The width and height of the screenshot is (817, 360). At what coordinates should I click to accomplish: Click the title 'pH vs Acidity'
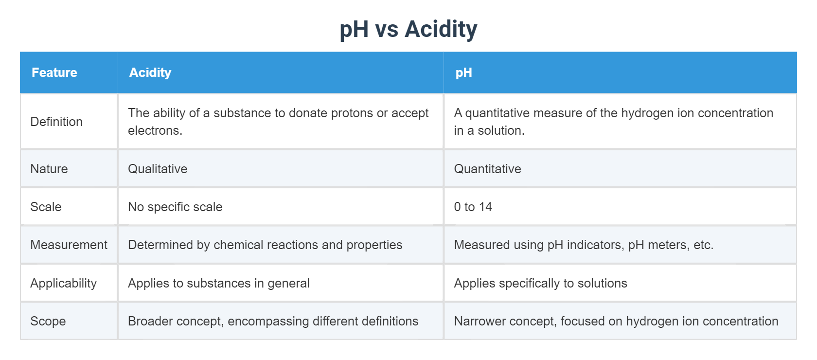(408, 29)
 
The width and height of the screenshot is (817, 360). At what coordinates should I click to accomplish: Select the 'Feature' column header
(54, 72)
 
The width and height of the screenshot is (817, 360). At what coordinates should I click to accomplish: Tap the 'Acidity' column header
(150, 72)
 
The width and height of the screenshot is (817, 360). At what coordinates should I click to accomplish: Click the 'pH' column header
(463, 72)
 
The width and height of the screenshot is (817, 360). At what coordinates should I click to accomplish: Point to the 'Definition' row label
(56, 122)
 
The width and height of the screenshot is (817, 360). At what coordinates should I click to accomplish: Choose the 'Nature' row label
(49, 169)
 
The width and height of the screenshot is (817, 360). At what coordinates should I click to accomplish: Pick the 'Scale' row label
(46, 207)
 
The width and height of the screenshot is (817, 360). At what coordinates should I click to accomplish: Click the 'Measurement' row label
(69, 245)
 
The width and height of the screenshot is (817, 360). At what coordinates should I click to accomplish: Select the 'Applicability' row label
(63, 283)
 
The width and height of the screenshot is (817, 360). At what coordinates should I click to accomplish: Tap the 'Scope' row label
(48, 321)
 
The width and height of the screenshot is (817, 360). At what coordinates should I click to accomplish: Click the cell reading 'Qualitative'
(158, 169)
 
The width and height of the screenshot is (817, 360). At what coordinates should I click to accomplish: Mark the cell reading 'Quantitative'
(487, 169)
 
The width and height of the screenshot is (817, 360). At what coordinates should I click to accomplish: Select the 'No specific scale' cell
(175, 207)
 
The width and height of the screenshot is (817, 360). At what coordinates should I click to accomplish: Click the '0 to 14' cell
(473, 207)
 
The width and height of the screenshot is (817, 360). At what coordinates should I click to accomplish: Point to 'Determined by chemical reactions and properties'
(265, 245)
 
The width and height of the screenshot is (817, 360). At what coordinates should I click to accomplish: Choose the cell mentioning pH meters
(584, 245)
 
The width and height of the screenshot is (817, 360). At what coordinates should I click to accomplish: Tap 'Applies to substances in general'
(219, 283)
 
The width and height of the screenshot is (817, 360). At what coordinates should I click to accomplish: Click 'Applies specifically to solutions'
(540, 283)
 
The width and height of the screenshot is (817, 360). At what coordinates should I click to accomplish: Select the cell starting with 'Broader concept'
(273, 321)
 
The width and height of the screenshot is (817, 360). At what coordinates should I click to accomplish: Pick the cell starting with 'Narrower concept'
(616, 321)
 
